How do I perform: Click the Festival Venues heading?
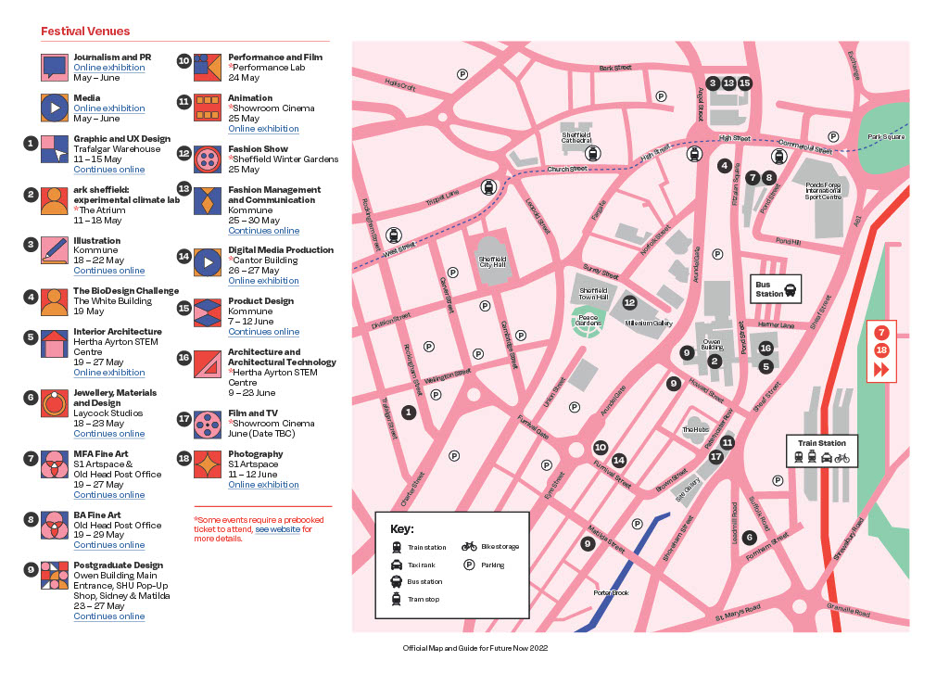coord(85,32)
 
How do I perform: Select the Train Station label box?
coord(822,450)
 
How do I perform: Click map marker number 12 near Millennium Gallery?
coord(630,302)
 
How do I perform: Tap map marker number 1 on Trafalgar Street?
coord(409,412)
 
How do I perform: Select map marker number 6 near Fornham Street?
coord(749,537)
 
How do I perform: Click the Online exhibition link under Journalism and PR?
coord(109,68)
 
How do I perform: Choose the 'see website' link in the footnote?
coord(277,529)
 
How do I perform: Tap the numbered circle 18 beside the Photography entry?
coord(183,459)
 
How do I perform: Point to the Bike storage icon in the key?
coord(470,547)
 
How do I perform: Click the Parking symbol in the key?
coord(470,564)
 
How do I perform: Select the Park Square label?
coord(885,137)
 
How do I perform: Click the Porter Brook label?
coord(611,592)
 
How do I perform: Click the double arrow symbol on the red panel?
coord(880,370)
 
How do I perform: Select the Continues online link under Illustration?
coord(109,271)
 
